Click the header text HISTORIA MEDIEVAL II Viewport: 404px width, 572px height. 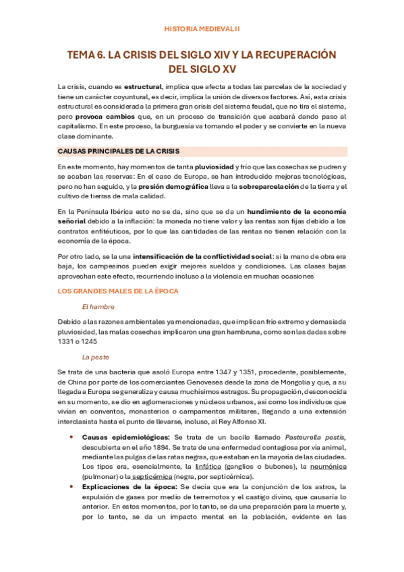pos(202,29)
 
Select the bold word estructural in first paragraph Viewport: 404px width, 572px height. pos(142,87)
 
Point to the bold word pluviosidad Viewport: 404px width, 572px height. pos(214,166)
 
